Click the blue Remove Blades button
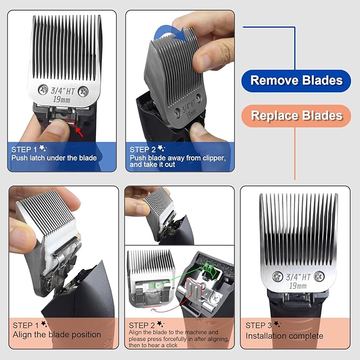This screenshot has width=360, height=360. point(296,81)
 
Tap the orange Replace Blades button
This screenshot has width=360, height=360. point(296,116)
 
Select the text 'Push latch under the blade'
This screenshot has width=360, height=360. point(54,158)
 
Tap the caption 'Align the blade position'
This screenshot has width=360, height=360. point(57,335)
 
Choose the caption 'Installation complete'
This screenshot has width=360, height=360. point(284,336)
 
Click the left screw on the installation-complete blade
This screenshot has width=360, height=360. point(277,276)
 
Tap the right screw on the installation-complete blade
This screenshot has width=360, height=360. point(319,276)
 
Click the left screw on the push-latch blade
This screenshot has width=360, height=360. point(40,92)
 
